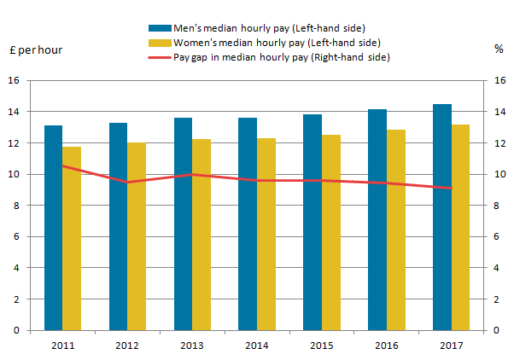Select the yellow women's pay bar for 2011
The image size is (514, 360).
pyautogui.click(x=72, y=239)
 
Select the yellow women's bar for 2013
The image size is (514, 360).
pyautogui.click(x=202, y=235)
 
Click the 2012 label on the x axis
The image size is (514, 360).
pyautogui.click(x=127, y=345)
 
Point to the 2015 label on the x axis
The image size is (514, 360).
pyautogui.click(x=321, y=345)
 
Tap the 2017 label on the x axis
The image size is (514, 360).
pyautogui.click(x=451, y=345)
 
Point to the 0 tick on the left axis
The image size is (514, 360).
pyautogui.click(x=15, y=330)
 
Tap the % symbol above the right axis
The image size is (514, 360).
pyautogui.click(x=499, y=49)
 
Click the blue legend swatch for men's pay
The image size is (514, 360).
pyautogui.click(x=160, y=26)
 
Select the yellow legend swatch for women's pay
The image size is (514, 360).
pyautogui.click(x=160, y=42)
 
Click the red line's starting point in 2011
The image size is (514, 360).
pyautogui.click(x=62, y=165)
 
